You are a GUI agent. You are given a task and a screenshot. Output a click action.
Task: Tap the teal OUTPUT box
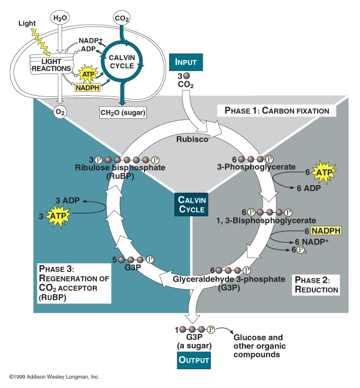click(x=194, y=360)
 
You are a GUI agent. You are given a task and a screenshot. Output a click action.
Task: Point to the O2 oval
click(x=59, y=112)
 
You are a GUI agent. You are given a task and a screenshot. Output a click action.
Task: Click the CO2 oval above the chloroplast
click(x=122, y=18)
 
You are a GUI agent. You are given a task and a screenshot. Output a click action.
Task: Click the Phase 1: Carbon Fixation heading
click(x=276, y=111)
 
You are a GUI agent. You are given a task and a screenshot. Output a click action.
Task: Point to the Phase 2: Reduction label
click(x=317, y=285)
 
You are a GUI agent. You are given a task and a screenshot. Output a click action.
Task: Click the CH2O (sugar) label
click(x=122, y=112)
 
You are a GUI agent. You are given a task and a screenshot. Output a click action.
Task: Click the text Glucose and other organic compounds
click(x=258, y=346)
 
